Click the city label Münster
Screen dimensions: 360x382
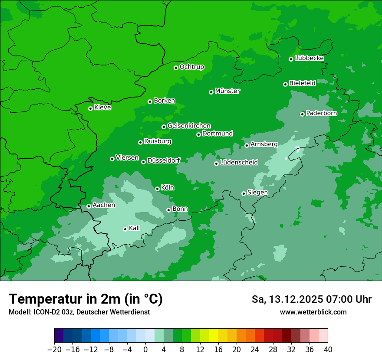[x=227, y=91]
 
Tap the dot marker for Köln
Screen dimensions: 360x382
[x=157, y=189]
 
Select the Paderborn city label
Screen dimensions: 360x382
[x=321, y=113]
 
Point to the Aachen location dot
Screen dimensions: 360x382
[x=89, y=206]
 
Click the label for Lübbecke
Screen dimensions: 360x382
[x=309, y=58]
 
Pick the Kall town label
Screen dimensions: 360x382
[x=135, y=228]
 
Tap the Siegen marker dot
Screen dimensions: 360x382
[x=244, y=193]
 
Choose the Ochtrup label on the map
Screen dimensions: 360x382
[x=191, y=67]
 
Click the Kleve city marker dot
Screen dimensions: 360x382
[x=90, y=108]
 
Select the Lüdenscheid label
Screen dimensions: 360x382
[x=239, y=163]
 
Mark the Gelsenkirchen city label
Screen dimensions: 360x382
[x=189, y=126]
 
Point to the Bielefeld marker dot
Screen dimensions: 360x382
[x=285, y=84]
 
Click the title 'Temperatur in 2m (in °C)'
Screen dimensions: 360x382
[x=86, y=299]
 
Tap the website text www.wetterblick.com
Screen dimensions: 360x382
[x=313, y=312]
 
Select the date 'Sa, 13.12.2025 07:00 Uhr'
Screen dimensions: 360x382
[x=311, y=299]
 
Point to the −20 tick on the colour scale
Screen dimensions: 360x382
[x=54, y=350]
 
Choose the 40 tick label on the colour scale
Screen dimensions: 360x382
[x=328, y=350]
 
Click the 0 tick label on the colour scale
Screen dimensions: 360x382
[x=145, y=350]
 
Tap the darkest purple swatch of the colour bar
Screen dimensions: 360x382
[x=59, y=336]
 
